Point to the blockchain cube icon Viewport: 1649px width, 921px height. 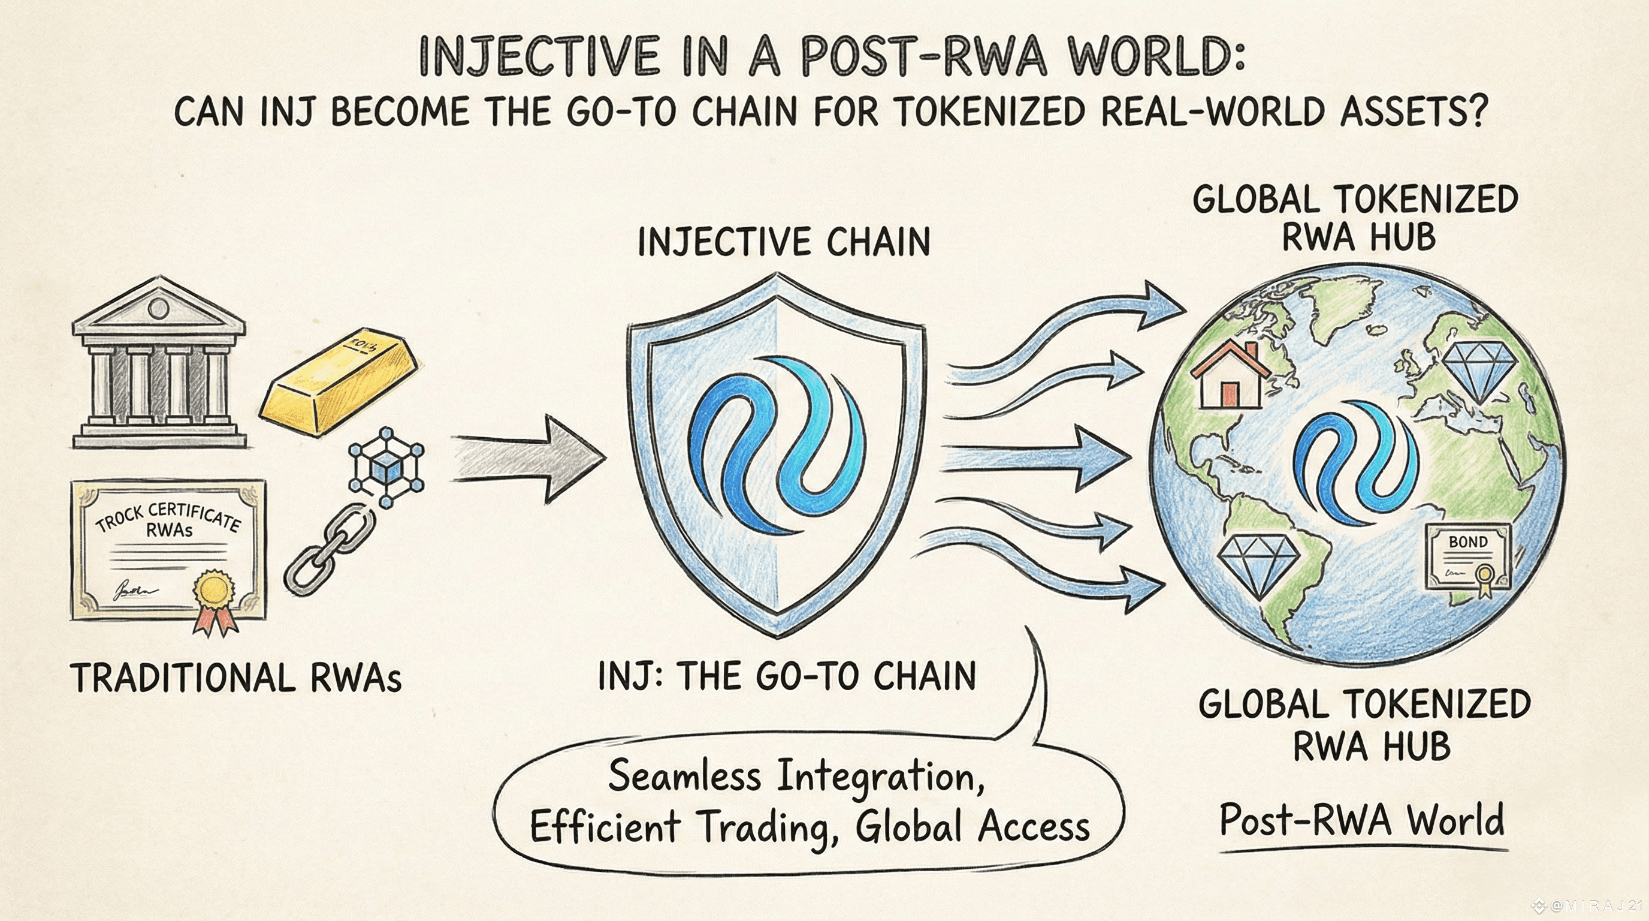tap(386, 469)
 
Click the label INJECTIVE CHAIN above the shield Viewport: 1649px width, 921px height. tap(784, 243)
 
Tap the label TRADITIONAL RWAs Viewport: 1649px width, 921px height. tap(235, 678)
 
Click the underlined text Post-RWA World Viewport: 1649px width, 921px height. tap(1361, 820)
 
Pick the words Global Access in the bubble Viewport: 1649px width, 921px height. tap(973, 826)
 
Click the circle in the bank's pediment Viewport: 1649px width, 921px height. tap(158, 310)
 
